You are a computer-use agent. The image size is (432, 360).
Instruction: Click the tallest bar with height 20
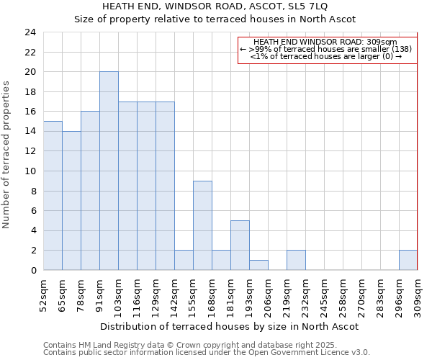point(109,171)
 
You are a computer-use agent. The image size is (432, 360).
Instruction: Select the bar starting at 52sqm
point(53,196)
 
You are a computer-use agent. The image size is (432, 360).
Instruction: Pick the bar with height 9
point(202,225)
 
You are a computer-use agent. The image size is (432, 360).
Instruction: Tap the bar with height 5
point(240,246)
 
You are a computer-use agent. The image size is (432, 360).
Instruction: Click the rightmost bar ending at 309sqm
point(408,261)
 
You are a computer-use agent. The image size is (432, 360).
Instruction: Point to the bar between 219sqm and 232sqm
point(296,261)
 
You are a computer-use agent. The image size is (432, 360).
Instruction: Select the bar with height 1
point(258,265)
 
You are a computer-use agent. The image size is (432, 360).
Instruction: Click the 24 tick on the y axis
point(30,32)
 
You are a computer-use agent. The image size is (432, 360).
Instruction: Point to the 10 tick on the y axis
point(30,171)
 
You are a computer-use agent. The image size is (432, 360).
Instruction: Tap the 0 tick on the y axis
point(33,271)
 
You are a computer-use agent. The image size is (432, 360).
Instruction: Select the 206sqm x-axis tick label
point(269,294)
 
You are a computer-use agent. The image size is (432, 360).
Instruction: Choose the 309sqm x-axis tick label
point(418,294)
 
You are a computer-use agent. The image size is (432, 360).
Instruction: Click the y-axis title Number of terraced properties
point(7,154)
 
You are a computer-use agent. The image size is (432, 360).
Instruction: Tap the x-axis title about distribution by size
point(229,326)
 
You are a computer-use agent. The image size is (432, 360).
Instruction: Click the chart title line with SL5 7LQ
point(215,6)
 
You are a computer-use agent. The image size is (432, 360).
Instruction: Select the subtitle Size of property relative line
point(215,19)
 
